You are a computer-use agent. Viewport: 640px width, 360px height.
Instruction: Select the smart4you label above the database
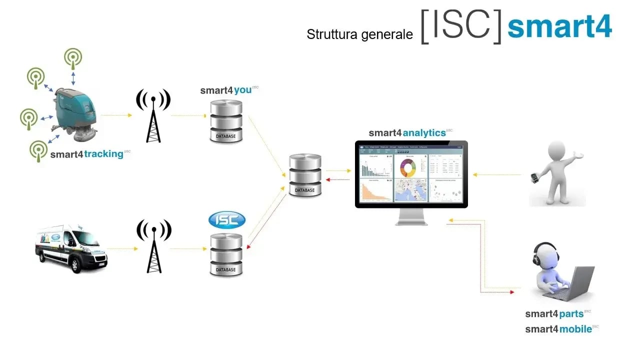(226, 90)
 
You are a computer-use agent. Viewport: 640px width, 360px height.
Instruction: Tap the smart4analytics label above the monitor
(407, 133)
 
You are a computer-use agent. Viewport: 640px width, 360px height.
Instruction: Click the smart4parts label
(554, 314)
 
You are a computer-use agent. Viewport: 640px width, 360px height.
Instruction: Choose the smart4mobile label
(558, 329)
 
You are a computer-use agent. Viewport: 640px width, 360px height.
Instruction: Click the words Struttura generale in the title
(359, 34)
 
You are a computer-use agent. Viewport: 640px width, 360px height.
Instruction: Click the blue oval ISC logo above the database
(227, 219)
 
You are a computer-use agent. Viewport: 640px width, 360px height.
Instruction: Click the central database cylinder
(305, 175)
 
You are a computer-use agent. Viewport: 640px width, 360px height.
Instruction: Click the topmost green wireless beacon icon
(73, 58)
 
